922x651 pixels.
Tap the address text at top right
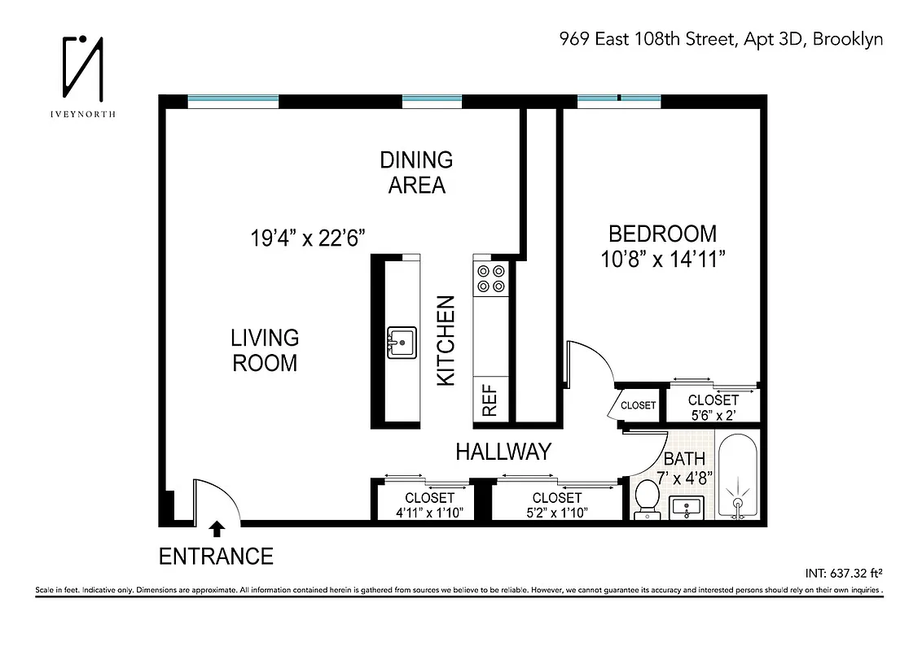click(720, 39)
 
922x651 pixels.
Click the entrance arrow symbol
click(217, 529)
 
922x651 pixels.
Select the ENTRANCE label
click(216, 557)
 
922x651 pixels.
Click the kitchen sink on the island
click(401, 342)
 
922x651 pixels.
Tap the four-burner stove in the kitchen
click(491, 278)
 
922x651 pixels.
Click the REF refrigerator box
click(491, 400)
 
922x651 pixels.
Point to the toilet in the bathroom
click(648, 498)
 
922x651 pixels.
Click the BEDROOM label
click(663, 234)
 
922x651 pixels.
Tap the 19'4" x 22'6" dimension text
click(307, 238)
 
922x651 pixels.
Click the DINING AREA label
click(416, 172)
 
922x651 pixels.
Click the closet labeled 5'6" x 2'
click(713, 405)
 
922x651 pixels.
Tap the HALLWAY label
click(503, 452)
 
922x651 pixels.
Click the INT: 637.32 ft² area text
click(842, 570)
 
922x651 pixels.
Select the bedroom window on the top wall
click(618, 101)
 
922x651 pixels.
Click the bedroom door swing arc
click(593, 358)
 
